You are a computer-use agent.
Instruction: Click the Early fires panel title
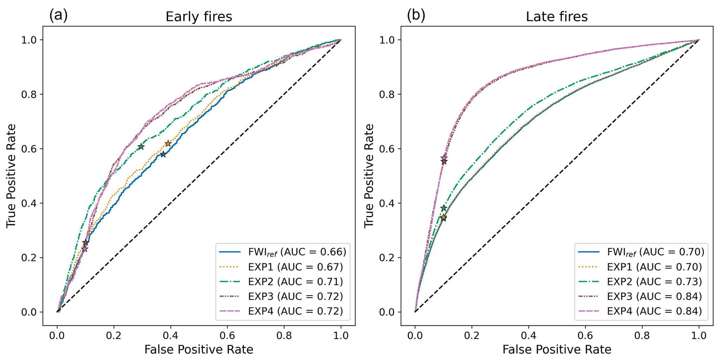point(198,17)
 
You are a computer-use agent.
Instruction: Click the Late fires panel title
point(557,17)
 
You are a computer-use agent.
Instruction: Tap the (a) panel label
point(58,15)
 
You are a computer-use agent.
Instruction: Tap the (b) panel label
point(416,15)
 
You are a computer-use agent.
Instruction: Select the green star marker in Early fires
point(141,147)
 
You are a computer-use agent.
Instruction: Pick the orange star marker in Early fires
point(168,144)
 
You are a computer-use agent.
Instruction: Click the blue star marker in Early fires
point(163,154)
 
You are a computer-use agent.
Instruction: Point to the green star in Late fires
point(444,208)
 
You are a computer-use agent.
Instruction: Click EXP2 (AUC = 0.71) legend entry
point(295,281)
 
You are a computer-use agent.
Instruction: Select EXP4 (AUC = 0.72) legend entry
point(295,311)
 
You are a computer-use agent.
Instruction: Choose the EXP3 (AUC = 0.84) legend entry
point(654,296)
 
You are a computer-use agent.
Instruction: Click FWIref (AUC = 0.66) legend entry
point(297,252)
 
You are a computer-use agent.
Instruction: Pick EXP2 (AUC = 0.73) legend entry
point(654,281)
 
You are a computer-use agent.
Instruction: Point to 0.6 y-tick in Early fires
point(30,149)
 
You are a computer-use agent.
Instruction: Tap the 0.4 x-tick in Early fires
point(171,336)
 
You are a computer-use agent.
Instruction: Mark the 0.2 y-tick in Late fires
point(388,258)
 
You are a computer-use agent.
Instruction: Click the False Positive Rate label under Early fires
point(198,350)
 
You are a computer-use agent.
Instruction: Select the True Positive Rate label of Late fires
point(369,176)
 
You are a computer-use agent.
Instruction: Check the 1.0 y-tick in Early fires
point(30,40)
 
